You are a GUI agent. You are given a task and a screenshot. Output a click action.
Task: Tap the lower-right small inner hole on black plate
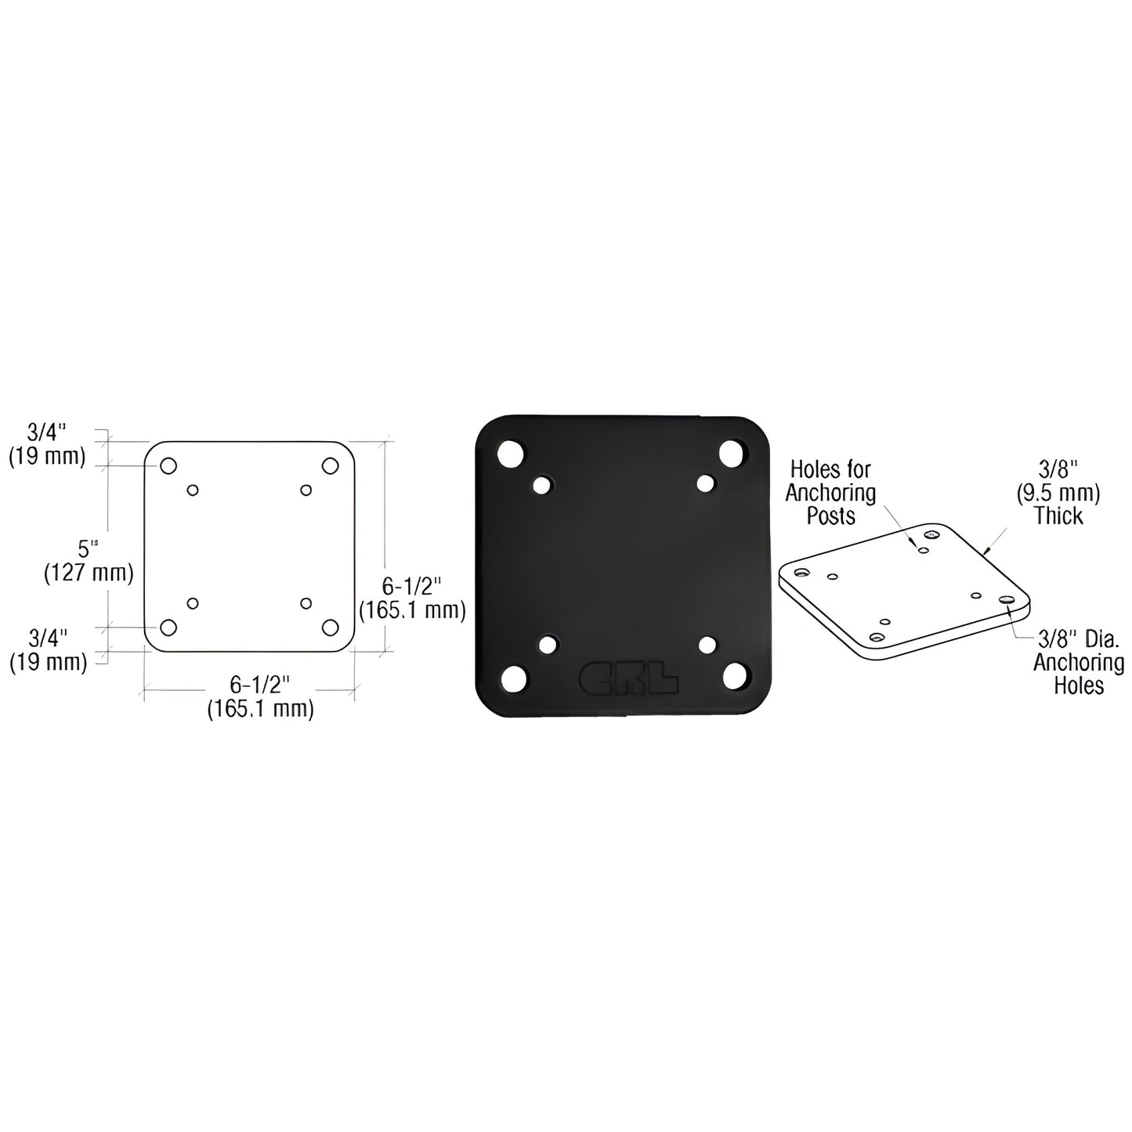[x=708, y=644]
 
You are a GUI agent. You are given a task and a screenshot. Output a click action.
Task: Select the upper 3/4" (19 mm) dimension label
[x=47, y=443]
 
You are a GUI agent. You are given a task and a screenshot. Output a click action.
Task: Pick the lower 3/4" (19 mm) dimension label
[x=48, y=649]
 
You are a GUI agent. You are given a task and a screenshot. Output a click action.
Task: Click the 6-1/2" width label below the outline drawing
[x=260, y=696]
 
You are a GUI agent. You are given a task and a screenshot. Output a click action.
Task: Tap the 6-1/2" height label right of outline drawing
[x=411, y=598]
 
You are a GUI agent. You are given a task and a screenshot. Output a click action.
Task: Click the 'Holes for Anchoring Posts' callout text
[x=830, y=492]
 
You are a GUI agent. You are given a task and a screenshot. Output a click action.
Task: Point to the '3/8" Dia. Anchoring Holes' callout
[x=1078, y=662]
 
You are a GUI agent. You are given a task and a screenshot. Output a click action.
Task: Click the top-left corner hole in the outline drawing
[x=168, y=465]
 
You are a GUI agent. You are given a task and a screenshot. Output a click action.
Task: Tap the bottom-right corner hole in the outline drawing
[x=330, y=627]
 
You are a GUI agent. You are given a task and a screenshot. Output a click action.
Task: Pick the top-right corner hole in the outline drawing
[x=330, y=465]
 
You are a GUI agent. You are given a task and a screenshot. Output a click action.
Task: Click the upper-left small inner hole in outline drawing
[x=193, y=490]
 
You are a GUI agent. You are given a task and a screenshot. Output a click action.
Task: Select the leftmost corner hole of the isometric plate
[x=800, y=572]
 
